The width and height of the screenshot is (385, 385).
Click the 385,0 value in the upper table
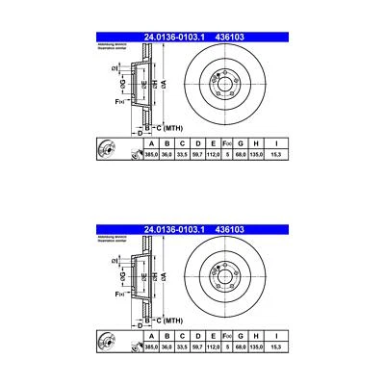coord(150,154)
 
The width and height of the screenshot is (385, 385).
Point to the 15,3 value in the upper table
coord(277,154)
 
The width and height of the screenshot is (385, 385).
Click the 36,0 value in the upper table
coord(166,154)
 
